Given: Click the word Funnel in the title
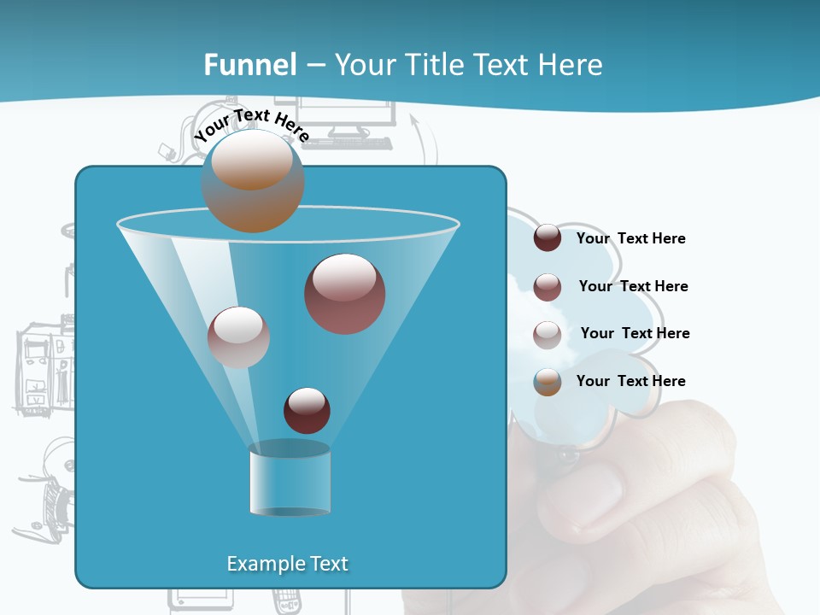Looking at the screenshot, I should [x=250, y=65].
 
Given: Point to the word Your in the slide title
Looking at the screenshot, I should [x=363, y=65].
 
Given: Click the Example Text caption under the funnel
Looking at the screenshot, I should [x=288, y=564].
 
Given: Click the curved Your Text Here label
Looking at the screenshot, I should [x=251, y=125].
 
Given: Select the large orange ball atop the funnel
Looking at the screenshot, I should [x=253, y=181].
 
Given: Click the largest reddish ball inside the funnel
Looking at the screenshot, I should [x=345, y=294].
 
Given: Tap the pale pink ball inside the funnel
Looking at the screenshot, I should [x=238, y=337].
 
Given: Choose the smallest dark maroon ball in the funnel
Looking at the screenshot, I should [x=307, y=411].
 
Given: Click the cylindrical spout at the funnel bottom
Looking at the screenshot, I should [x=290, y=480].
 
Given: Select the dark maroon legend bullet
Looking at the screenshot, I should [x=548, y=238].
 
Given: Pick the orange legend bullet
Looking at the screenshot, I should [x=548, y=382].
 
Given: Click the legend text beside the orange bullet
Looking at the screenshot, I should [x=631, y=381].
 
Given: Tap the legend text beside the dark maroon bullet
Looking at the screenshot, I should [x=631, y=238].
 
